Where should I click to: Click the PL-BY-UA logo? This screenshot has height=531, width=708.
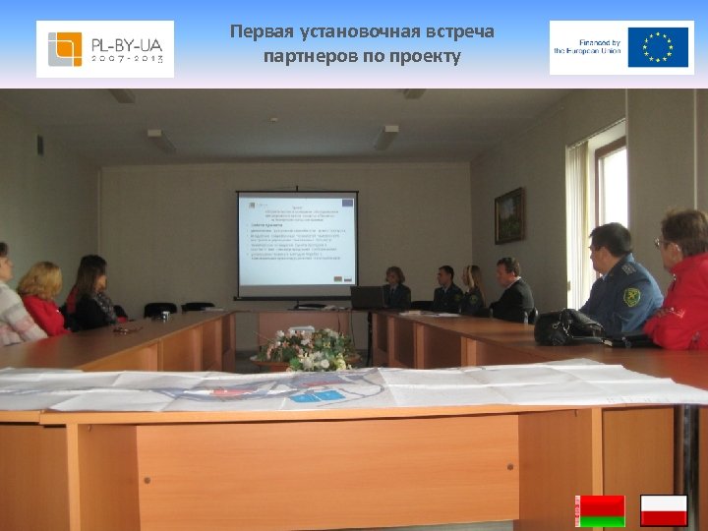105,48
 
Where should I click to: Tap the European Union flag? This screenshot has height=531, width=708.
657,47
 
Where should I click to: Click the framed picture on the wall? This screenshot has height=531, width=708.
508,215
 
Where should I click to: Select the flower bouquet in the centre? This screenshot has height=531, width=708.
308,349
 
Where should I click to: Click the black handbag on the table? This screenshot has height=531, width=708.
568,326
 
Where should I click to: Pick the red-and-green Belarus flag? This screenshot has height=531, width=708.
601,510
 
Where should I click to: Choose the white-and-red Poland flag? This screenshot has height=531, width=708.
664,510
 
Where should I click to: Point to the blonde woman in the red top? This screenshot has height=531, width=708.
42,299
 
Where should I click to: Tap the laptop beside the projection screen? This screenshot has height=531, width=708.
366,297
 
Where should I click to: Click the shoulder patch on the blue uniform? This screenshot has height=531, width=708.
632,296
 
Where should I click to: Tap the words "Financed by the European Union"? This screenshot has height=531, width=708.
587,47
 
